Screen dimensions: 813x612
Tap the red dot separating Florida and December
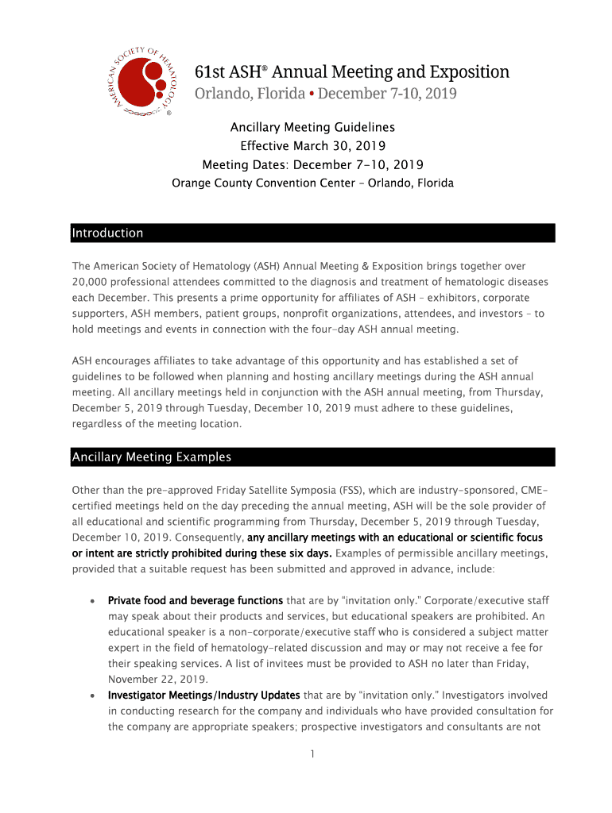tap(312, 94)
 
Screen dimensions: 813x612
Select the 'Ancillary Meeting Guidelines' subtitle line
tap(312, 127)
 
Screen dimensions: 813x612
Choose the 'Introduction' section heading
tap(107, 233)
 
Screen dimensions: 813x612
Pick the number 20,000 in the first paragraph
tap(92, 282)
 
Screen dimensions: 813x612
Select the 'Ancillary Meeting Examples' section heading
tap(151, 457)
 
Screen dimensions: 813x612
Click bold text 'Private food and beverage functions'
tap(195, 600)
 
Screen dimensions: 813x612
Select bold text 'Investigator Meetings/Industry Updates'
tap(203, 695)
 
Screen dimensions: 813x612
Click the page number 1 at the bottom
tap(313, 754)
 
